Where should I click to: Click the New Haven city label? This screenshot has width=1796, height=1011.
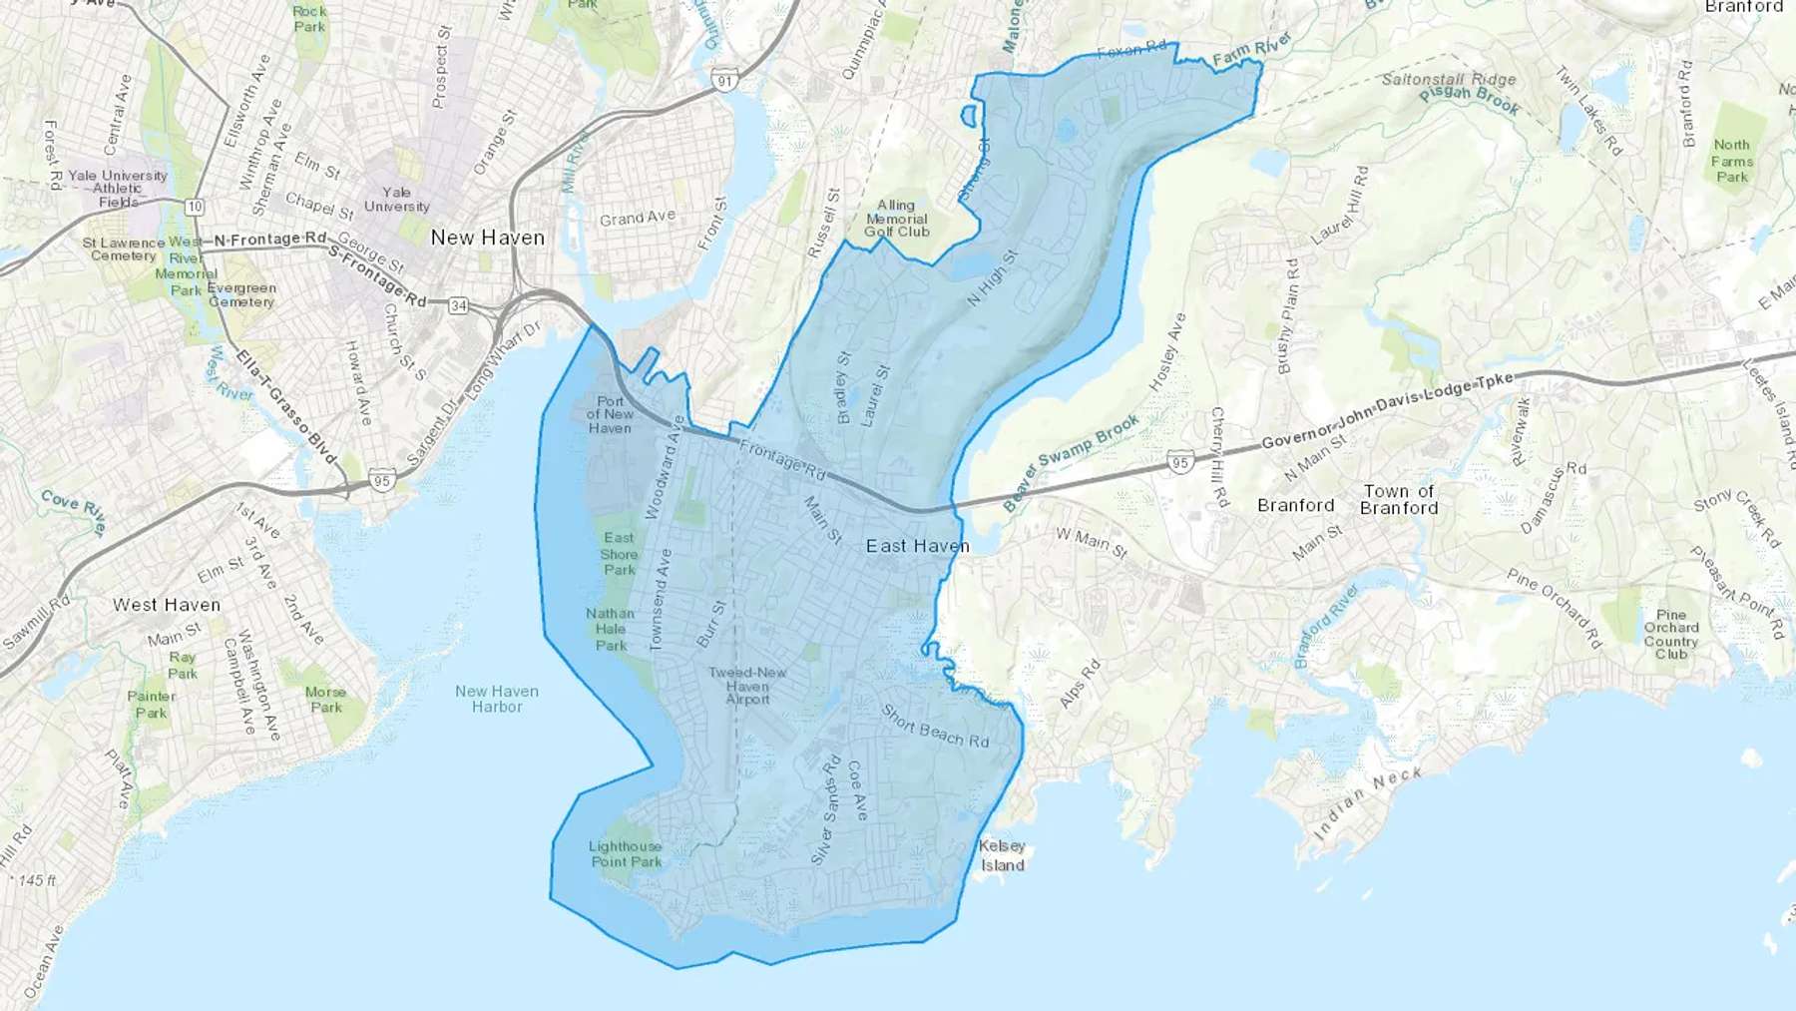tap(488, 238)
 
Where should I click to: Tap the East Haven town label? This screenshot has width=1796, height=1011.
tap(917, 546)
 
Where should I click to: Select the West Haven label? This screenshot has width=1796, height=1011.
tap(167, 605)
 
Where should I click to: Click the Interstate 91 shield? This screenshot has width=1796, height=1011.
tap(724, 81)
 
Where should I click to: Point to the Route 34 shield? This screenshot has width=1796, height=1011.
tap(458, 305)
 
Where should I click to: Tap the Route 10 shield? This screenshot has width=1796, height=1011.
tap(195, 207)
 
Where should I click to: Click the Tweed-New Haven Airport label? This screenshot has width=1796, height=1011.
tap(747, 686)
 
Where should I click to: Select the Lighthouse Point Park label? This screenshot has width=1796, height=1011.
tap(626, 854)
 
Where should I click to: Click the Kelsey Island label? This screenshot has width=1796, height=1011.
tap(1002, 856)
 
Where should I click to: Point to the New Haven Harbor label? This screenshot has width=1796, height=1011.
tap(497, 699)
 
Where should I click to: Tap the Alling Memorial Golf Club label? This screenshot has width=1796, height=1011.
tap(896, 219)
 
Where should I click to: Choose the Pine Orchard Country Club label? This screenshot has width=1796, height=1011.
tap(1670, 635)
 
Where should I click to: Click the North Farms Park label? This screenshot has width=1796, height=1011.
tap(1731, 161)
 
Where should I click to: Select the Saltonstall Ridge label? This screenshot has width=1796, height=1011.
tap(1449, 79)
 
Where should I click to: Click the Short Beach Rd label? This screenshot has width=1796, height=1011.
tap(935, 727)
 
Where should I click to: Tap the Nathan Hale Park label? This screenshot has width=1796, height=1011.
tap(611, 630)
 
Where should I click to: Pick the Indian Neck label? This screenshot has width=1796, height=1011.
tap(1367, 804)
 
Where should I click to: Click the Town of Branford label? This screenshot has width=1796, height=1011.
tap(1399, 499)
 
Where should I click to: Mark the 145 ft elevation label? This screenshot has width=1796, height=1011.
tap(38, 881)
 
